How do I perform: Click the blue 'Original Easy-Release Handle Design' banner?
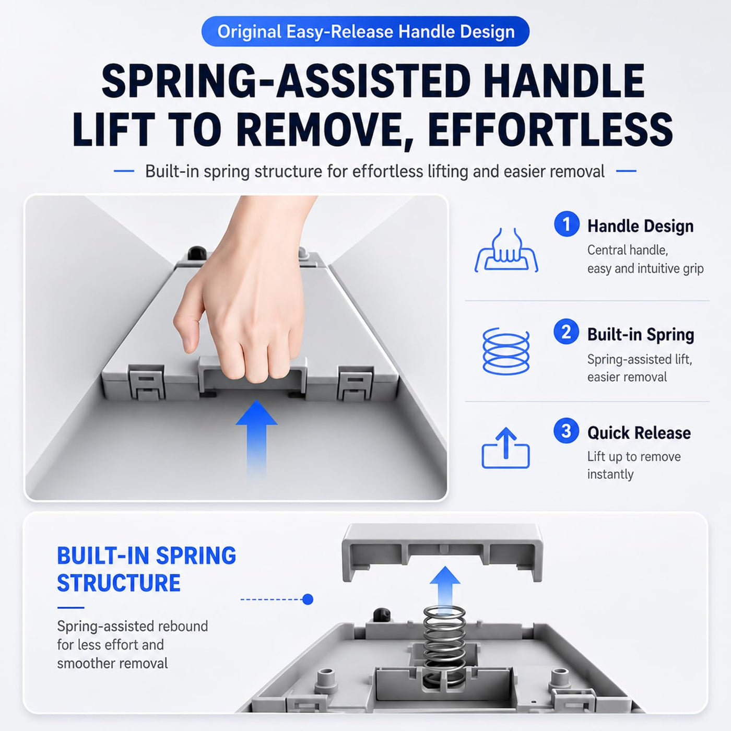(x=365, y=31)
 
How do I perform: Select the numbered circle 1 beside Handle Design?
(x=567, y=224)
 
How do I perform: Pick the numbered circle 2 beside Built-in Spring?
(x=566, y=332)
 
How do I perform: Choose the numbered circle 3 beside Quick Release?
(x=566, y=431)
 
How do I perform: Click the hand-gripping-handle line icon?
(x=506, y=250)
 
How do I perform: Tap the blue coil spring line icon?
(x=506, y=351)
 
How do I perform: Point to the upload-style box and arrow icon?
(x=505, y=448)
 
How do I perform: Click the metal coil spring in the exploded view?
(x=444, y=645)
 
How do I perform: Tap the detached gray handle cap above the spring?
(x=442, y=553)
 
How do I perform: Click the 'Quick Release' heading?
(x=639, y=433)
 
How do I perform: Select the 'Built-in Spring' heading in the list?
(x=641, y=335)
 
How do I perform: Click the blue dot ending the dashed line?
(x=308, y=599)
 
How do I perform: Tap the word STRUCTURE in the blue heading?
(x=119, y=583)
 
